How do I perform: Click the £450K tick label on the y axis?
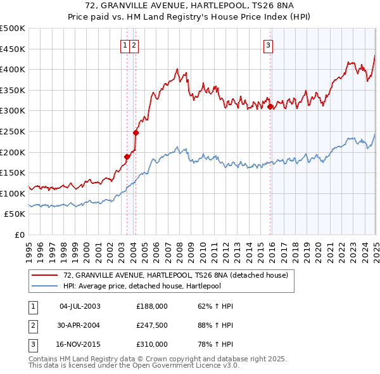[13, 49]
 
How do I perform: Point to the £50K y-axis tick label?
[15, 214]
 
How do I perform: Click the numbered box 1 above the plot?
[125, 45]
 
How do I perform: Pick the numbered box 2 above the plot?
[136, 45]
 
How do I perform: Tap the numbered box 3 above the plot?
[269, 45]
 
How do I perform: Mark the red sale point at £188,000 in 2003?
[127, 157]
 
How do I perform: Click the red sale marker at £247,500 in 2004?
[136, 132]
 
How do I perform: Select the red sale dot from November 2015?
[270, 106]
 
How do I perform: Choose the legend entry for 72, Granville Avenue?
[175, 275]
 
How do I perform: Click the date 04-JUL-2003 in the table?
[80, 306]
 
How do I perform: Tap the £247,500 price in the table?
[152, 325]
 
